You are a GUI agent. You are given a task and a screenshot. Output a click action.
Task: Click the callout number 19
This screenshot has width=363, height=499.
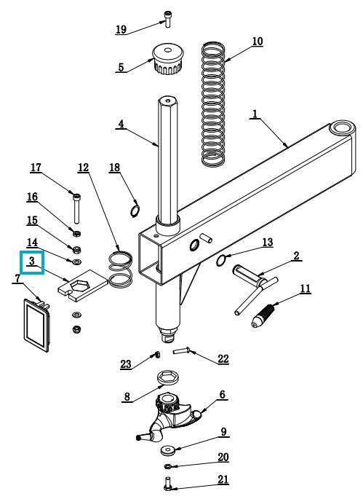tap(121, 30)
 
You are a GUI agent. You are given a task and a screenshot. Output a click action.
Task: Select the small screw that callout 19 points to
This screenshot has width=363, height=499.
tap(167, 20)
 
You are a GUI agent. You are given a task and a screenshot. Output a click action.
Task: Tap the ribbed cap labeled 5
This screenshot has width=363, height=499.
tap(167, 60)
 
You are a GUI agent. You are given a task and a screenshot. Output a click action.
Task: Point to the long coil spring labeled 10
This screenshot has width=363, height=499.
tap(213, 103)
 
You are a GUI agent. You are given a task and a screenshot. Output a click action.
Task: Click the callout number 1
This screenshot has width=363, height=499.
tap(255, 114)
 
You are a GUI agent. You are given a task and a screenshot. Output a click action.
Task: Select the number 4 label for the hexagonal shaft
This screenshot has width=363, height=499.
tap(121, 124)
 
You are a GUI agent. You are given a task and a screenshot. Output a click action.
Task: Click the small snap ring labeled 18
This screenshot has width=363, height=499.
tap(135, 211)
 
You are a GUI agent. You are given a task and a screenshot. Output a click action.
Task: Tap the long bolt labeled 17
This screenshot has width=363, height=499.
tap(76, 208)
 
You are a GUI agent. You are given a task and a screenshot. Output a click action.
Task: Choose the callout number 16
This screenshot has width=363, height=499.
tap(32, 197)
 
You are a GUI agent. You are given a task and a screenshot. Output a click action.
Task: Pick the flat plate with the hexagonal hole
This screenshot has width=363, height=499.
tap(83, 285)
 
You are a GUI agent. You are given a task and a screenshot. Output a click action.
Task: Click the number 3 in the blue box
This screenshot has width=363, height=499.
tap(32, 262)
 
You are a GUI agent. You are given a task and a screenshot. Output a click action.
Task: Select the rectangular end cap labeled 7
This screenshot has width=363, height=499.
tap(37, 324)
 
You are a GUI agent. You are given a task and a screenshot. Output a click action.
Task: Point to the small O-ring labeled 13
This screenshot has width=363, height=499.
tap(221, 261)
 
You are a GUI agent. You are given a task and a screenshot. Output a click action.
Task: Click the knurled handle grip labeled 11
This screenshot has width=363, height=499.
tap(264, 315)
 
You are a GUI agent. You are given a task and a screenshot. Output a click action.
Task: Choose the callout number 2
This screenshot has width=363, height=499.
tap(296, 256)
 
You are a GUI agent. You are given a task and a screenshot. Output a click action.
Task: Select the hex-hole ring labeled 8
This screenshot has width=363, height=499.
tap(169, 378)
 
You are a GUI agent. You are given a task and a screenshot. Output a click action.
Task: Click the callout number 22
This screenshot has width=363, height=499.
tap(223, 358)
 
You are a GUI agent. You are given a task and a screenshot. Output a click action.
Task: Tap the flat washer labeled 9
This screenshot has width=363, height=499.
tap(168, 450)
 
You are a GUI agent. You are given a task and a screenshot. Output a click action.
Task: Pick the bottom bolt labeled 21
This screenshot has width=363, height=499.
tap(167, 484)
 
